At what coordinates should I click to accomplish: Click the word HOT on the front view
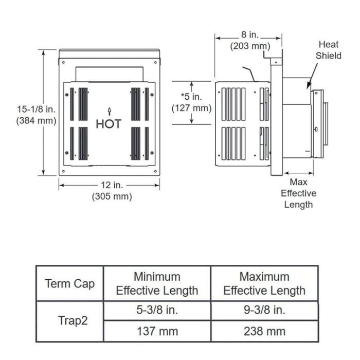(109, 124)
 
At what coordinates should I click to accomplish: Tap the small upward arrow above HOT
(109, 111)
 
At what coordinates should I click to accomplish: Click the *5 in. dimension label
(191, 97)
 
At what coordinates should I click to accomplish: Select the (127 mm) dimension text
(191, 108)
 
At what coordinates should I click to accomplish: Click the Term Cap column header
(69, 283)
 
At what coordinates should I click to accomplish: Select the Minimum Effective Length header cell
(157, 283)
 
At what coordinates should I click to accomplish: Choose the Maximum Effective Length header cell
(264, 283)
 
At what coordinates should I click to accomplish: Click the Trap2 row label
(69, 321)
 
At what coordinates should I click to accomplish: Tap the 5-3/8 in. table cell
(157, 310)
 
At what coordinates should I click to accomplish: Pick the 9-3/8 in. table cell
(264, 310)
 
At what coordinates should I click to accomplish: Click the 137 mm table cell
(157, 331)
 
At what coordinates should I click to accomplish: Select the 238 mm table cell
(264, 331)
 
